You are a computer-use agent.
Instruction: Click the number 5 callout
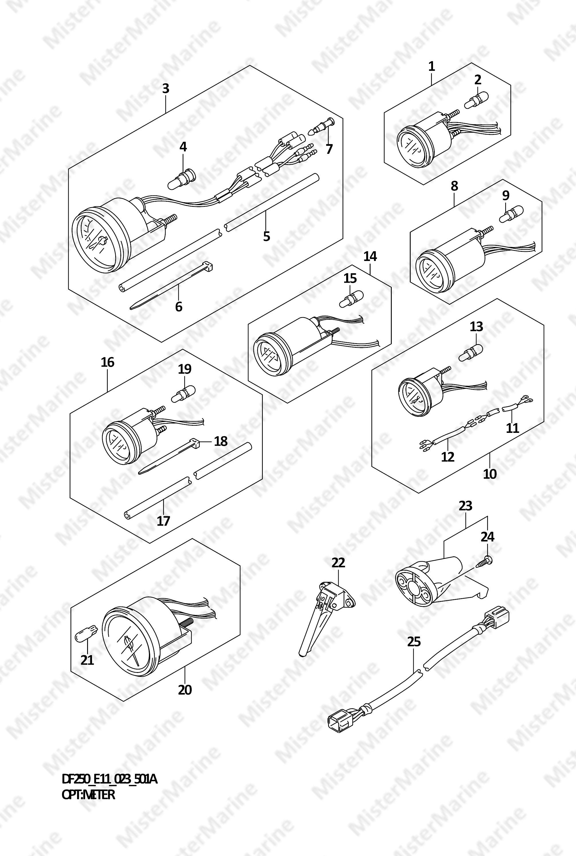point(267,236)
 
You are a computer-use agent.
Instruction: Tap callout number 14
point(370,256)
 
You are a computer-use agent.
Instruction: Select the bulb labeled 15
point(351,297)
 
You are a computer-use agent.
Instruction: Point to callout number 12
point(448,457)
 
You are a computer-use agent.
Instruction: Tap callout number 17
point(163,521)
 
